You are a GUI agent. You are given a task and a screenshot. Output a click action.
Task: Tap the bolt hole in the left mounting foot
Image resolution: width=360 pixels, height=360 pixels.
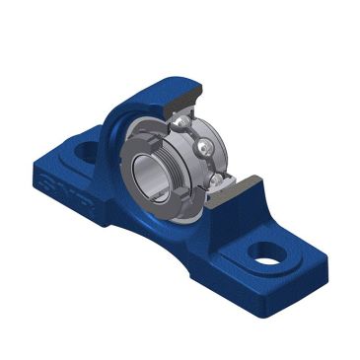click(x=87, y=150)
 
